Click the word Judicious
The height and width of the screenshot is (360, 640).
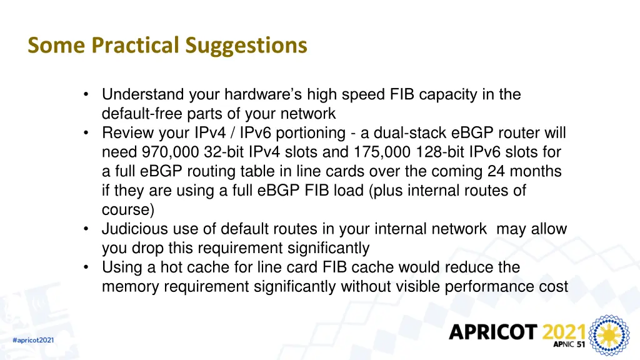click(x=132, y=229)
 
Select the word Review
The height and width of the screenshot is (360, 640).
click(x=127, y=133)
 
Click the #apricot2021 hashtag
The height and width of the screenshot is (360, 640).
click(x=33, y=340)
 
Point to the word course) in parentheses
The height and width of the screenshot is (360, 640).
click(x=127, y=210)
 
